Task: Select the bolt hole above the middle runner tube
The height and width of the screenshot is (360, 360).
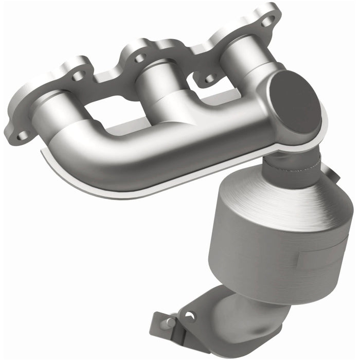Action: [x=139, y=57]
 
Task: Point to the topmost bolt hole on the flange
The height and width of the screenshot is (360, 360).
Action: [x=267, y=21]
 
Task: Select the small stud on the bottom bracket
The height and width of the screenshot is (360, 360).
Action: [x=170, y=322]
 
